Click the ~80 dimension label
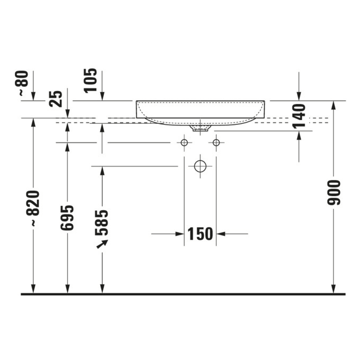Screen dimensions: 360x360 click(24, 83)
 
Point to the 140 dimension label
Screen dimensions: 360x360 click(299, 116)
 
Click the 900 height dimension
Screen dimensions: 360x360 click(334, 193)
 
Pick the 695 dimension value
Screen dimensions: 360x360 click(67, 218)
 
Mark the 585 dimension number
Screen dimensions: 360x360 click(102, 222)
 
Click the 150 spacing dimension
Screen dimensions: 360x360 click(200, 234)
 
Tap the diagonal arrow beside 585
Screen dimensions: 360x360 click(102, 244)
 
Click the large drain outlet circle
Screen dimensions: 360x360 click(200, 166)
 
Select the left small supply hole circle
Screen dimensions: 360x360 click(184, 143)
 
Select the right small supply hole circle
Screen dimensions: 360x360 click(216, 143)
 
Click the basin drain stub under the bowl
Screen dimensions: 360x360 click(200, 128)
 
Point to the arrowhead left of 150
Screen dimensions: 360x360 click(179, 234)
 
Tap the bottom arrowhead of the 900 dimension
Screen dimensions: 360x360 click(334, 289)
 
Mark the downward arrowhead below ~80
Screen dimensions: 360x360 click(33, 96)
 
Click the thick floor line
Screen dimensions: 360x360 click(183, 294)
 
